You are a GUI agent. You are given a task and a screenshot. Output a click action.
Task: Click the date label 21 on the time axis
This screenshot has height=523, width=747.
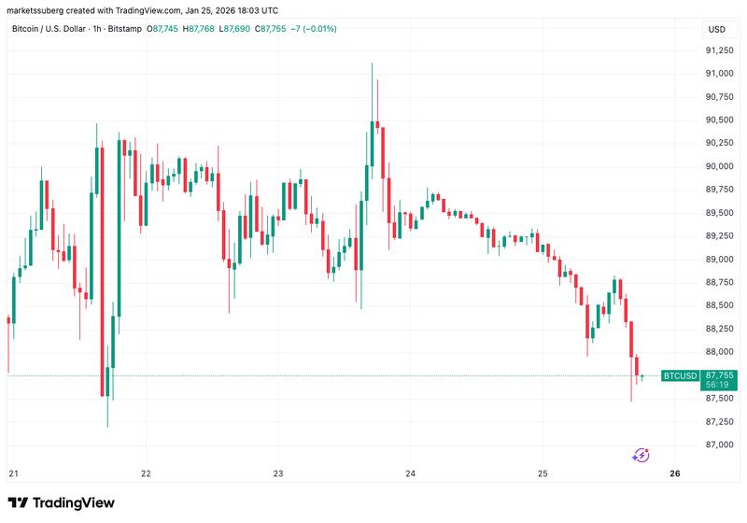pos(13,474)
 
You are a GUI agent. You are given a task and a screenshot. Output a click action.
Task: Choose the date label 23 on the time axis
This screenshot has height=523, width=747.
pos(278,474)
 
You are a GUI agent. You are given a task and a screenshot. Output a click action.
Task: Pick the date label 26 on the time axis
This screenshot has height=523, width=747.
pos(675,474)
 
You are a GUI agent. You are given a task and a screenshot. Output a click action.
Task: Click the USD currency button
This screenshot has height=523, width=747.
pos(717,29)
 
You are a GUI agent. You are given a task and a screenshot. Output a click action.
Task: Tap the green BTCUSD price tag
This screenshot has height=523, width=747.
pos(680,375)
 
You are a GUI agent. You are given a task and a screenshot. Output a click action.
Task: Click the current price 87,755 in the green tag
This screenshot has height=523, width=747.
pos(720,375)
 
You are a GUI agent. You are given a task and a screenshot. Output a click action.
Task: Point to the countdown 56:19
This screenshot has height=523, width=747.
pos(718,385)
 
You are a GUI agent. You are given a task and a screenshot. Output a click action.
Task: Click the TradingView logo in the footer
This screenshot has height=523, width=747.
pos(62,503)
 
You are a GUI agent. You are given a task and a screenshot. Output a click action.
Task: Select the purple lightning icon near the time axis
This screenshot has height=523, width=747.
pos(641,456)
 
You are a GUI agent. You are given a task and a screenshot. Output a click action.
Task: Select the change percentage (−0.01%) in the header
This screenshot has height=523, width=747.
pos(317,29)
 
